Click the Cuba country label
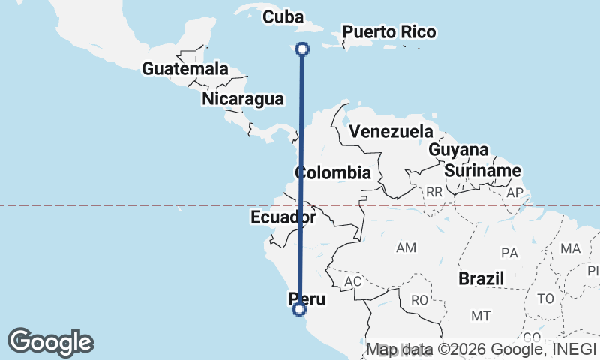(283, 16)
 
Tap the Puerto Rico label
(388, 32)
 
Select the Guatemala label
(185, 68)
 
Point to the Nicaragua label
(242, 98)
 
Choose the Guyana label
(458, 150)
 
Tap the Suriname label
(482, 171)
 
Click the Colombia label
(333, 172)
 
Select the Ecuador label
(283, 217)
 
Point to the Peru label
(307, 299)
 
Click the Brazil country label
(481, 278)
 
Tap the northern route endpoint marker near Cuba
(302, 49)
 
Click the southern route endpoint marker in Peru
(299, 308)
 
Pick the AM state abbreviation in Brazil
(406, 247)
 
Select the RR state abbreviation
(434, 192)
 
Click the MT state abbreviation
(481, 316)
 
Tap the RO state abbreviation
(418, 300)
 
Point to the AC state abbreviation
(352, 281)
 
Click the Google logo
(50, 342)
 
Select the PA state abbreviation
(510, 252)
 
